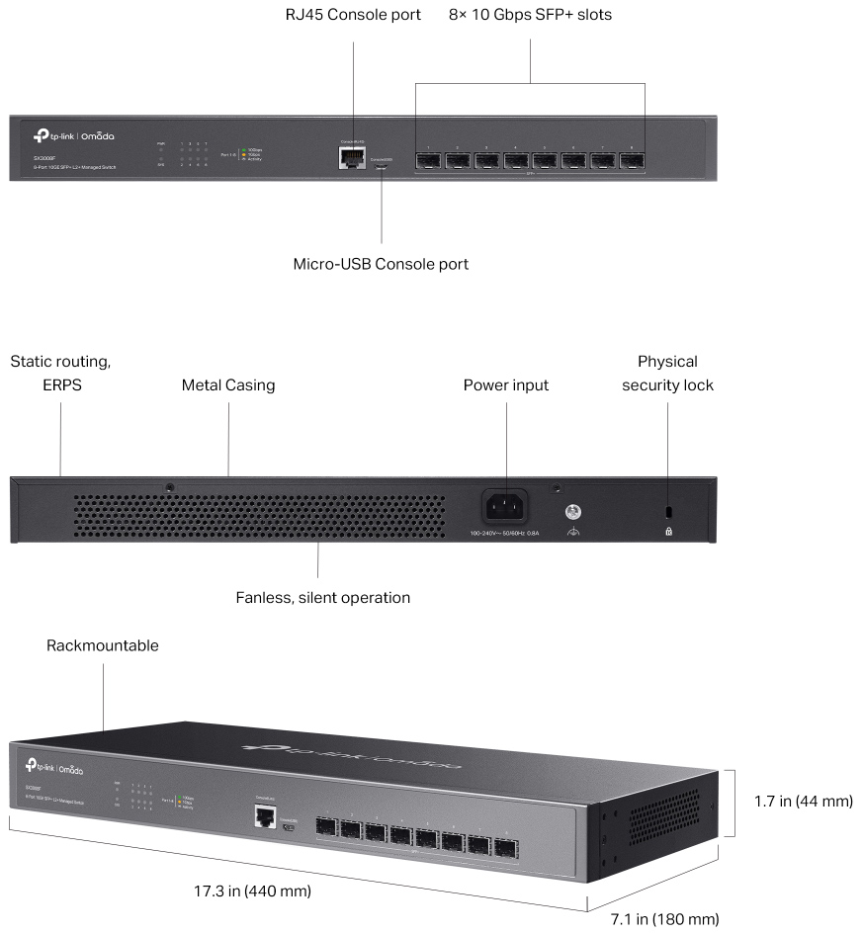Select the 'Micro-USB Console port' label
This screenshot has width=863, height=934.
pos(381,265)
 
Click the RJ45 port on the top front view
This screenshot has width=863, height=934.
pos(350,158)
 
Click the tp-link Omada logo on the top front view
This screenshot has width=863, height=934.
pos(76,136)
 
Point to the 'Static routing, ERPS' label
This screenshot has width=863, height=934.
pos(60,374)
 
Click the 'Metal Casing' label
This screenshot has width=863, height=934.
pos(228,385)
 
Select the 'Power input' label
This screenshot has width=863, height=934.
pos(506,385)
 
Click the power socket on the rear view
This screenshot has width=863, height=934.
pos(504,507)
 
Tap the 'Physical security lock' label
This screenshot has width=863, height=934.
pos(667,374)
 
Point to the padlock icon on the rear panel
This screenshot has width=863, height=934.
pos(669,531)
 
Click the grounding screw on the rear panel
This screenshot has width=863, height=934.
pos(571,512)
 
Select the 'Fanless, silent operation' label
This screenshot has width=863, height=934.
pos(322,597)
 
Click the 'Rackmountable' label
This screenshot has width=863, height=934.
pos(103,645)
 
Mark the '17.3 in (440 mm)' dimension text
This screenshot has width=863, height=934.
pos(253,891)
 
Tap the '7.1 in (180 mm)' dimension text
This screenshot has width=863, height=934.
pos(663,919)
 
